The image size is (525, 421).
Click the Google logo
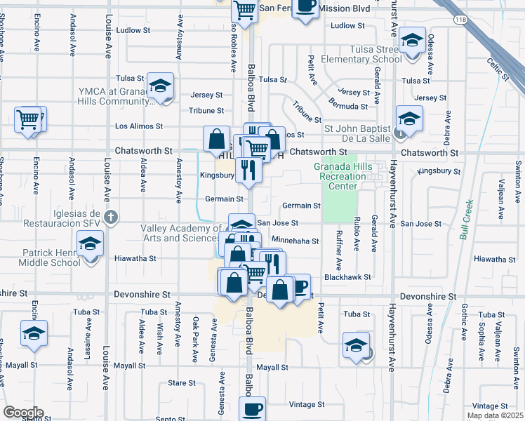click(23, 413)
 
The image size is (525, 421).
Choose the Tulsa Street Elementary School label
click(361, 54)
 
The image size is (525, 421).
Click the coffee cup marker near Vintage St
click(253, 408)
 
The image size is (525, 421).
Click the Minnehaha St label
click(295, 241)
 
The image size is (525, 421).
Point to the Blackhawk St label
click(343, 277)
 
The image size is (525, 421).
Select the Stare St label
click(182, 383)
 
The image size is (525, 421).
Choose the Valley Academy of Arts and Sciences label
click(181, 233)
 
